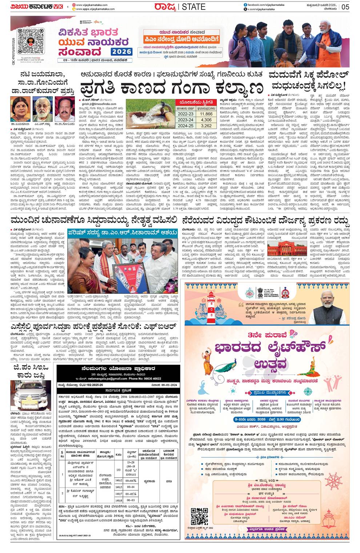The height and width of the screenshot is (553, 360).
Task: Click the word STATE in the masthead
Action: pos(193,7)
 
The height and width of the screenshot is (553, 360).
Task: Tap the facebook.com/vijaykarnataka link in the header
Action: pos(265,4)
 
